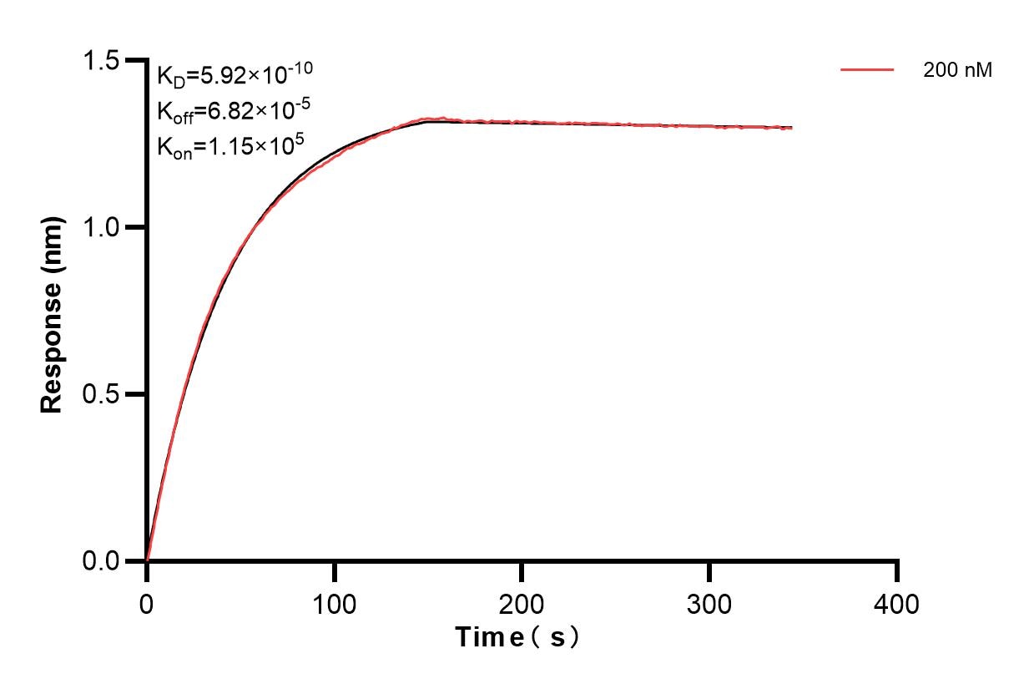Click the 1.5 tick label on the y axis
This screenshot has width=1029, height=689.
pos(101,61)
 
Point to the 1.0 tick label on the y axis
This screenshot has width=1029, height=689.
pos(101,227)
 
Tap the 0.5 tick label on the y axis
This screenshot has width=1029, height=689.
pos(101,394)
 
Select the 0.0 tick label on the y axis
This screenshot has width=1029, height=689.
pos(101,560)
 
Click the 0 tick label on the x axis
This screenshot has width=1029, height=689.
pos(147,603)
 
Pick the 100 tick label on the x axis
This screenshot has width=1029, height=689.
pos(334,603)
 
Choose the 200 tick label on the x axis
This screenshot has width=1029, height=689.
pos(522,603)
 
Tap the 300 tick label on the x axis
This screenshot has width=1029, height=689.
pos(709,603)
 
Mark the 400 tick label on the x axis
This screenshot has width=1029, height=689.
pos(896,603)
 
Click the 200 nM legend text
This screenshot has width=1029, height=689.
pos(957,71)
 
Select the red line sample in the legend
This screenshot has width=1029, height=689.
pos(867,70)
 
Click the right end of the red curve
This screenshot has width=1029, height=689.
pos(791,128)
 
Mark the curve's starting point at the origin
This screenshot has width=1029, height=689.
pos(147,560)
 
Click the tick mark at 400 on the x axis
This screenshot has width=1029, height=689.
pos(897,571)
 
